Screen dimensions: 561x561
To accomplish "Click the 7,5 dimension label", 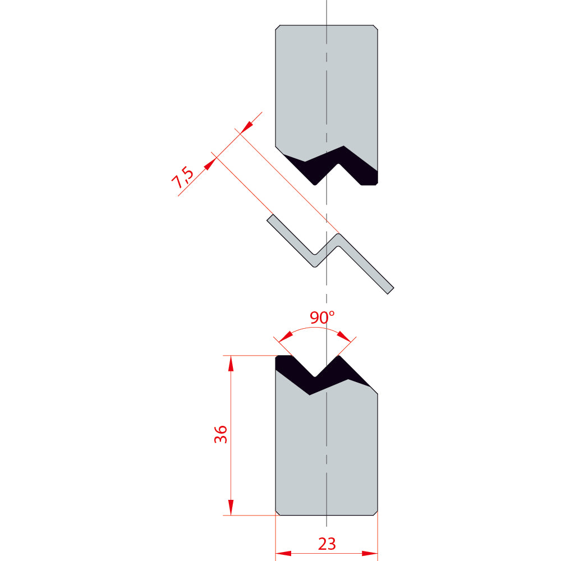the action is (x=182, y=178).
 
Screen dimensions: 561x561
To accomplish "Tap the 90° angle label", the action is (x=322, y=318).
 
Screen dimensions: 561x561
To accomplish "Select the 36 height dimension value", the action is (x=220, y=434).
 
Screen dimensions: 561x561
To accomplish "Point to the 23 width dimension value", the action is (x=327, y=544).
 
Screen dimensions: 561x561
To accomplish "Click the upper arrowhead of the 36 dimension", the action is (x=231, y=363).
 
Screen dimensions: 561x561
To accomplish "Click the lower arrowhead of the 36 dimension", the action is (x=231, y=508).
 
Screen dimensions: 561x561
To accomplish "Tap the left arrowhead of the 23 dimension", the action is (x=283, y=554).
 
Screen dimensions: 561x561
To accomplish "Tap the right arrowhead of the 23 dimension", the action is (x=370, y=554).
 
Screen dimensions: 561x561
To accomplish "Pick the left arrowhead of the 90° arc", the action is (x=286, y=336).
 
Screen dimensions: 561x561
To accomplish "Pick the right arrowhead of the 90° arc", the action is (x=344, y=336).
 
